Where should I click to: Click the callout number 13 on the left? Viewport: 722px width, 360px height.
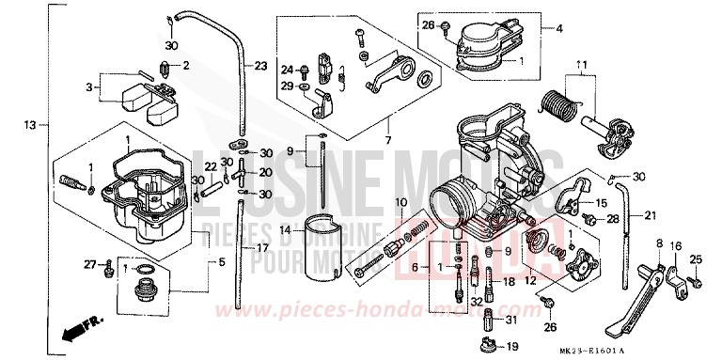[x=30, y=124]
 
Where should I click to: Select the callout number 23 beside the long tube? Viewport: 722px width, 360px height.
[x=260, y=66]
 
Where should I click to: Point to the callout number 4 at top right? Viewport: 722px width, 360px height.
[x=559, y=28]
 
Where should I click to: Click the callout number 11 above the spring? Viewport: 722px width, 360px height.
[x=582, y=64]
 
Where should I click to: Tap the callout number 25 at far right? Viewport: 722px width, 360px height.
[x=697, y=258]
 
